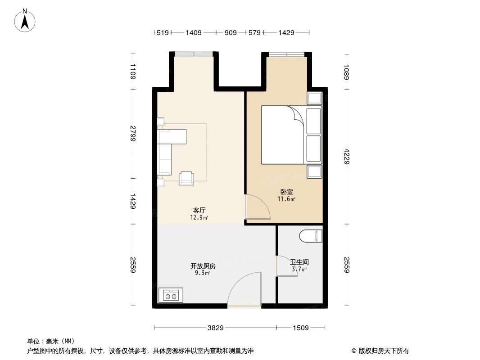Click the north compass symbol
pyautogui.click(x=26, y=20)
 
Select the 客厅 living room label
pyautogui.click(x=199, y=211)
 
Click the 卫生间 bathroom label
pyautogui.click(x=299, y=262)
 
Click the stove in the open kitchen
pyautogui.click(x=171, y=295)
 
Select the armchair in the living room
pyautogui.click(x=186, y=178)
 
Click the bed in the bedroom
pyautogui.click(x=284, y=135)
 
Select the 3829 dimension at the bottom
pyautogui.click(x=216, y=328)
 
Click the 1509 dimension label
pyautogui.click(x=300, y=328)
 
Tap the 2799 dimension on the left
pyautogui.click(x=133, y=134)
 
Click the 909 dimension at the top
pyautogui.click(x=230, y=32)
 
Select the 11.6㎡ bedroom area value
pyautogui.click(x=286, y=199)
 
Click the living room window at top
pyautogui.click(x=194, y=54)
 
